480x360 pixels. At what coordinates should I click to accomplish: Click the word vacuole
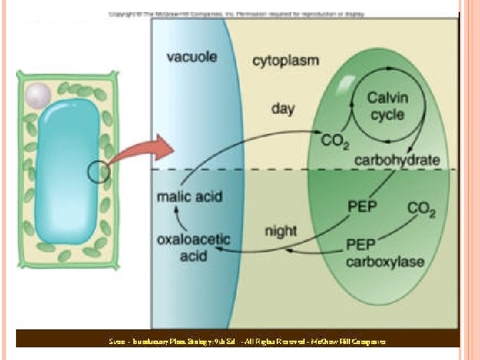[x=191, y=57]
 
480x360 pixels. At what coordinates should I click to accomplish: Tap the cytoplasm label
[x=285, y=60]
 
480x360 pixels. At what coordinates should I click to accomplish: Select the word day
[x=283, y=108]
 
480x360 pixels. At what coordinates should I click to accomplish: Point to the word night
[x=281, y=232]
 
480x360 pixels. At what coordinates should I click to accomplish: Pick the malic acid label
[x=189, y=197]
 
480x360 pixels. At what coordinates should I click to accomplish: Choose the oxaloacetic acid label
[x=193, y=247]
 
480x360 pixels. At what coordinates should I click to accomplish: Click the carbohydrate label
[x=397, y=160]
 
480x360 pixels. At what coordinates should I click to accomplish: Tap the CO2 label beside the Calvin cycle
[x=335, y=142]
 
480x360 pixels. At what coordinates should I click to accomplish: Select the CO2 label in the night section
[x=421, y=210]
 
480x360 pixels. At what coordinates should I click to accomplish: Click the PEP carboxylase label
[x=385, y=253]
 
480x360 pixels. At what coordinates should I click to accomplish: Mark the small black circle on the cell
[x=98, y=172]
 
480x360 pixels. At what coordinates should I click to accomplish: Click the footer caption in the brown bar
[x=247, y=341]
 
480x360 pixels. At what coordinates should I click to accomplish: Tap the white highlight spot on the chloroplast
[x=347, y=83]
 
